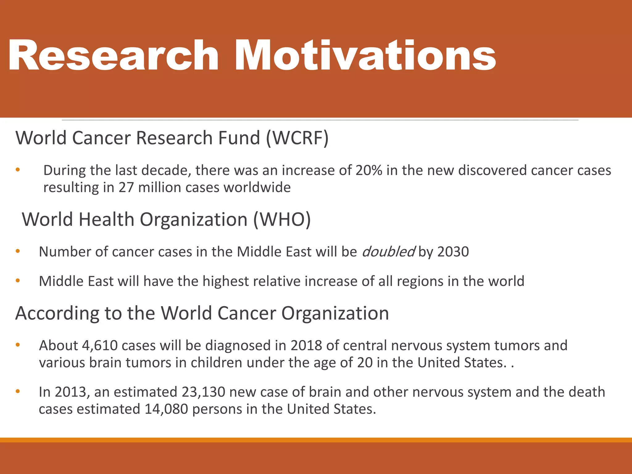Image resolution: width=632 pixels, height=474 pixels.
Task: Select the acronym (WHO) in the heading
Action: [x=282, y=219]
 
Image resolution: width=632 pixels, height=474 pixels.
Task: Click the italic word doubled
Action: [x=388, y=252]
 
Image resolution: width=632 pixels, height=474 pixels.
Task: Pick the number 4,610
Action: [x=100, y=345]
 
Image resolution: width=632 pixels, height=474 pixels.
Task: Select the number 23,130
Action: [x=203, y=392]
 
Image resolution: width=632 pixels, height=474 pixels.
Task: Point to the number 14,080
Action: [x=166, y=409]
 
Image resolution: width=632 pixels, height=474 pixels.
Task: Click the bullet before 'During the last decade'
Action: [x=18, y=170]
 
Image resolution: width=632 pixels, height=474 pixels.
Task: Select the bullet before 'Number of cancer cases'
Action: [x=18, y=251]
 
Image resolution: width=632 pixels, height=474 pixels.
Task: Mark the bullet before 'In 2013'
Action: [x=18, y=391]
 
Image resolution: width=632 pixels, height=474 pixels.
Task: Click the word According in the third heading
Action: [x=57, y=314]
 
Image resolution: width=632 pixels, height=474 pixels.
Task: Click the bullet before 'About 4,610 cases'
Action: [x=18, y=345]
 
